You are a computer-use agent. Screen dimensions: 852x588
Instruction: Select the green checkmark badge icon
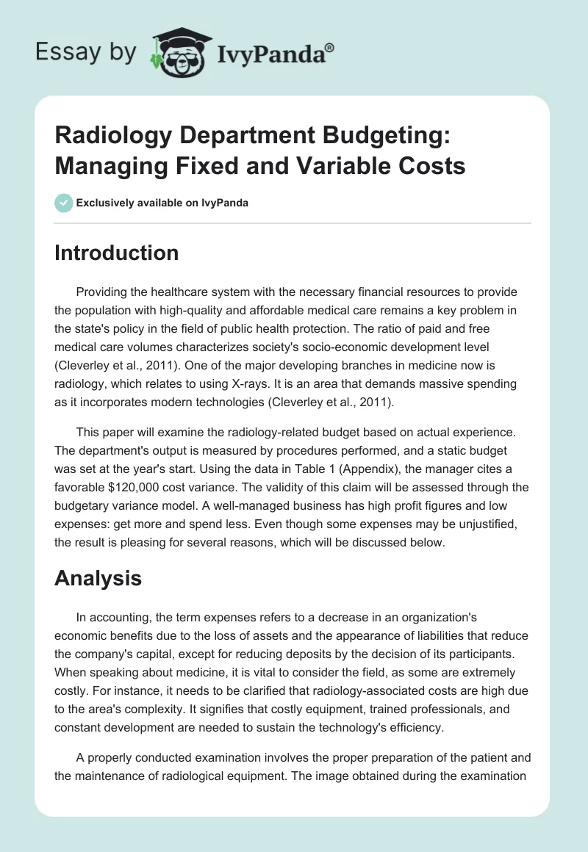click(64, 203)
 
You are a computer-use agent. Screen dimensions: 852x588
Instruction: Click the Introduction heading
click(117, 253)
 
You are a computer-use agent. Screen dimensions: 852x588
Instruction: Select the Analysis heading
click(98, 578)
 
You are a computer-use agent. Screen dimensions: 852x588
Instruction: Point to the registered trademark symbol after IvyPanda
click(330, 46)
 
